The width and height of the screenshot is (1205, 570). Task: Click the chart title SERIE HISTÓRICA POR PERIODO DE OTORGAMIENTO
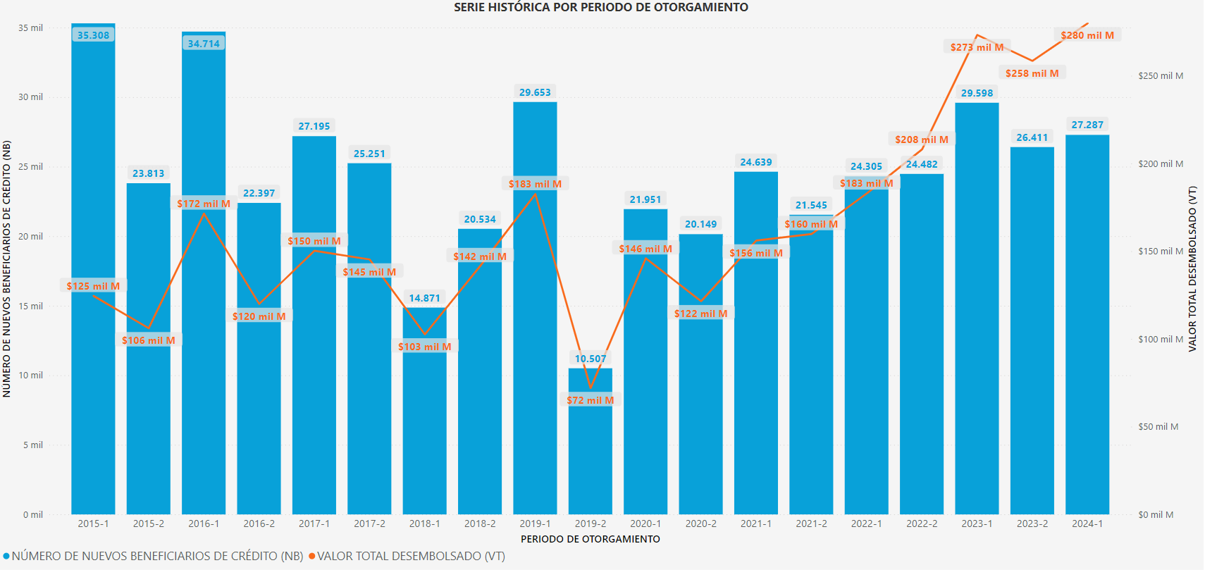click(x=600, y=8)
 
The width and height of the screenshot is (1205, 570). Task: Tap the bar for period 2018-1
click(x=424, y=423)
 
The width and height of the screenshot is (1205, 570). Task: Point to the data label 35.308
click(x=93, y=35)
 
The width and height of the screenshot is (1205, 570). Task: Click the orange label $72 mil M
click(x=591, y=400)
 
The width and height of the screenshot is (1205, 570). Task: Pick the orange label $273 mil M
click(x=977, y=47)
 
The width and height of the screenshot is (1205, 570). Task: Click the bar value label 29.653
click(x=535, y=92)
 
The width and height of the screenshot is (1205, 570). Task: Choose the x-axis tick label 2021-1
click(x=755, y=523)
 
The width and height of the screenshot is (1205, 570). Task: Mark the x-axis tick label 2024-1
click(x=1087, y=523)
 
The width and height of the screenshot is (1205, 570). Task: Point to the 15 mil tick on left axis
click(x=31, y=306)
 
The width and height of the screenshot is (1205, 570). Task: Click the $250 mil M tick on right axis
click(x=1161, y=76)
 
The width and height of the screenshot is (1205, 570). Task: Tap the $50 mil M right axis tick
click(x=1158, y=427)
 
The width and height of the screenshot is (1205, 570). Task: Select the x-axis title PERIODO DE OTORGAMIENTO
click(x=591, y=539)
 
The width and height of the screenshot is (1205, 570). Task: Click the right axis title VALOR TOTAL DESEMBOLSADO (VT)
click(x=1192, y=268)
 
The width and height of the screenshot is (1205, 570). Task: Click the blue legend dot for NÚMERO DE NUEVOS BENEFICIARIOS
click(x=6, y=557)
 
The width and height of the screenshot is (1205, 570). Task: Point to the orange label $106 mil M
click(x=148, y=340)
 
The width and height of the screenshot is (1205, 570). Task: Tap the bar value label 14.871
click(x=424, y=298)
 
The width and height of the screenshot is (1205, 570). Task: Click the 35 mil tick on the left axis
click(x=31, y=28)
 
